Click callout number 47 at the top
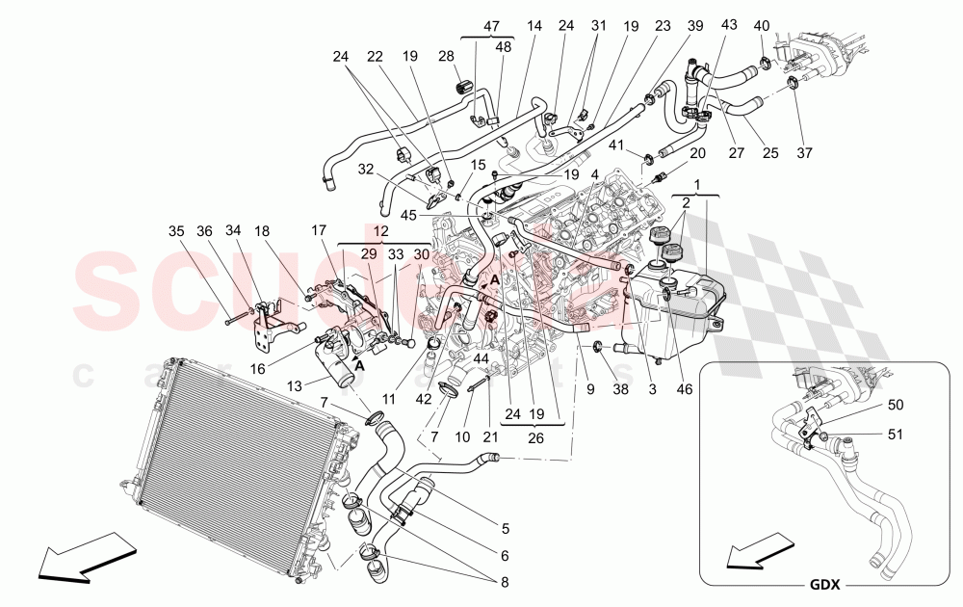point(491,27)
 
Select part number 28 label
point(445,57)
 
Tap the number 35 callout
point(175,230)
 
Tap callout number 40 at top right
point(761,26)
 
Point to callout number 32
point(366,169)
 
